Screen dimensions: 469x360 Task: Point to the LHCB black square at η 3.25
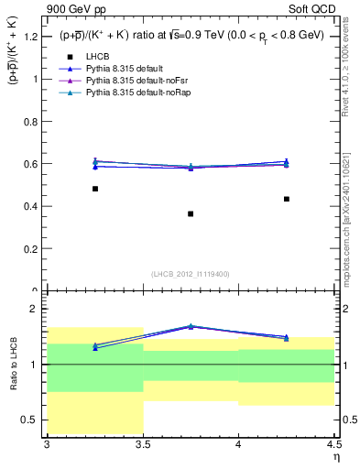click(95, 189)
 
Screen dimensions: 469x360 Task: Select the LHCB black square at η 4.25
click(287, 199)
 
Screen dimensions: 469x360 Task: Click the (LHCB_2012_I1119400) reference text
click(191, 274)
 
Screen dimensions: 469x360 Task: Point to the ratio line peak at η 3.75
click(191, 325)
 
